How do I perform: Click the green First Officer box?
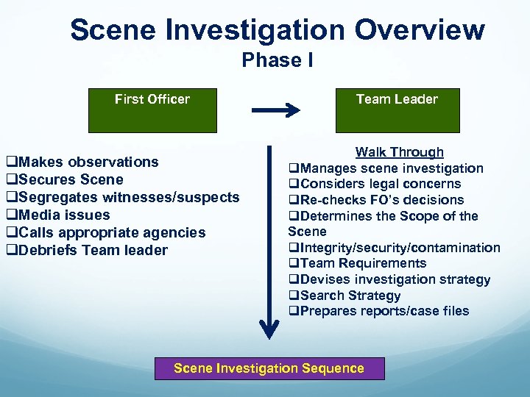[152, 110]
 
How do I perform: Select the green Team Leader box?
[397, 110]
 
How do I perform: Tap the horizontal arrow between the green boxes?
[275, 110]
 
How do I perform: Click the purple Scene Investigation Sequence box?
[269, 368]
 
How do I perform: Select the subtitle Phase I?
[278, 60]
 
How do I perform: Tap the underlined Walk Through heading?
[399, 152]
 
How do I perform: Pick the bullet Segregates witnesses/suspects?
[123, 197]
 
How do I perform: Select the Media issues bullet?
[58, 215]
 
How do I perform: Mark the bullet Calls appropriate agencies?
[106, 232]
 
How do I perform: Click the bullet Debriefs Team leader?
[87, 250]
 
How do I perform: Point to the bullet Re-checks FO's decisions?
[376, 200]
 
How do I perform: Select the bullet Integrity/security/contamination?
[395, 248]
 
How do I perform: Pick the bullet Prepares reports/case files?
[378, 311]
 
